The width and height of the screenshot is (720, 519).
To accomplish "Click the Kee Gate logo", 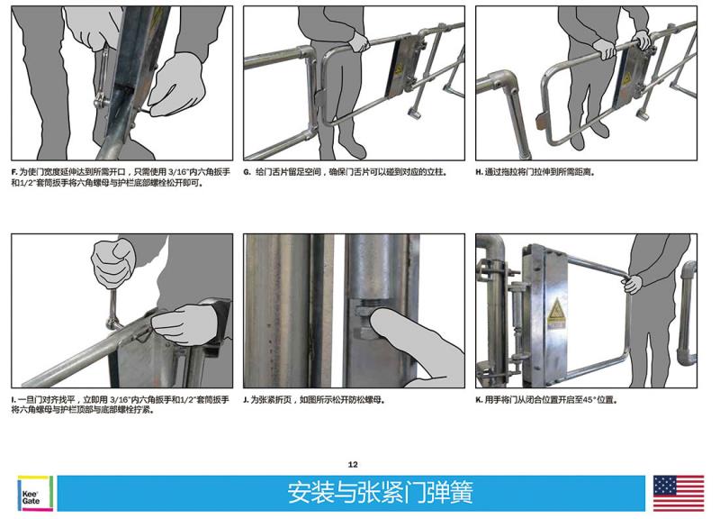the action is [x=35, y=493].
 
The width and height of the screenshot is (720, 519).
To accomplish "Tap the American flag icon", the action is [x=679, y=493].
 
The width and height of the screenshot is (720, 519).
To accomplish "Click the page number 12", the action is [x=353, y=464].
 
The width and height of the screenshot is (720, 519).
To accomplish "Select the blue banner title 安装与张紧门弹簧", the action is [x=380, y=492].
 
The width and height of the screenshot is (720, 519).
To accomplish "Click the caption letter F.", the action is [x=13, y=172].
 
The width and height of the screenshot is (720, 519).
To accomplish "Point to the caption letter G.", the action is [x=247, y=172].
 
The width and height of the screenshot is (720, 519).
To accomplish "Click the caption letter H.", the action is [x=479, y=172].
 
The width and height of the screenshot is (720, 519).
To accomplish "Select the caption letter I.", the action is [x=13, y=399].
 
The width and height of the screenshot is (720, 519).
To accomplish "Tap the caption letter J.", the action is [x=246, y=399].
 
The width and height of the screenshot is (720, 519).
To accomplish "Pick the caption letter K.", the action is [x=479, y=399].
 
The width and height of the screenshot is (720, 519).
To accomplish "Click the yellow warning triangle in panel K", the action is [x=556, y=310].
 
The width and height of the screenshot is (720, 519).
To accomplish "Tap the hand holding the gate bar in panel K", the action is [x=633, y=284].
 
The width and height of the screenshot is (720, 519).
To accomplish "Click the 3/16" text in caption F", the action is [x=178, y=172].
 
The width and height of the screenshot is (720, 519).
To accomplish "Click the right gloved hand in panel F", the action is [x=175, y=85].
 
